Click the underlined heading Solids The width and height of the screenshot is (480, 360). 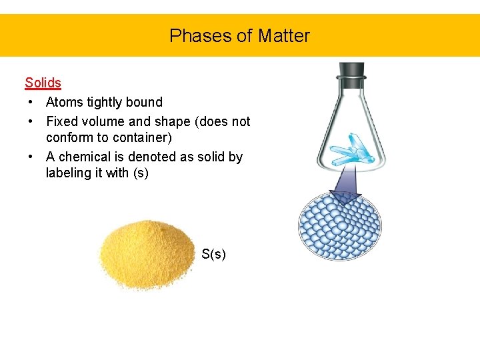[x=43, y=83]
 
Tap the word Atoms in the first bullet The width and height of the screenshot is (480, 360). [x=63, y=102]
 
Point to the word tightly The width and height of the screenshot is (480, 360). [x=105, y=103]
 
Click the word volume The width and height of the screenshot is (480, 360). [x=103, y=121]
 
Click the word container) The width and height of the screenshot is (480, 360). [x=141, y=137]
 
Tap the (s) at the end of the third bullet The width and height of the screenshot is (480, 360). [x=141, y=173]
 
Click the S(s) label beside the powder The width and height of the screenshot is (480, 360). [x=213, y=254]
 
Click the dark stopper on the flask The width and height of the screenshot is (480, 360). [x=351, y=71]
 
